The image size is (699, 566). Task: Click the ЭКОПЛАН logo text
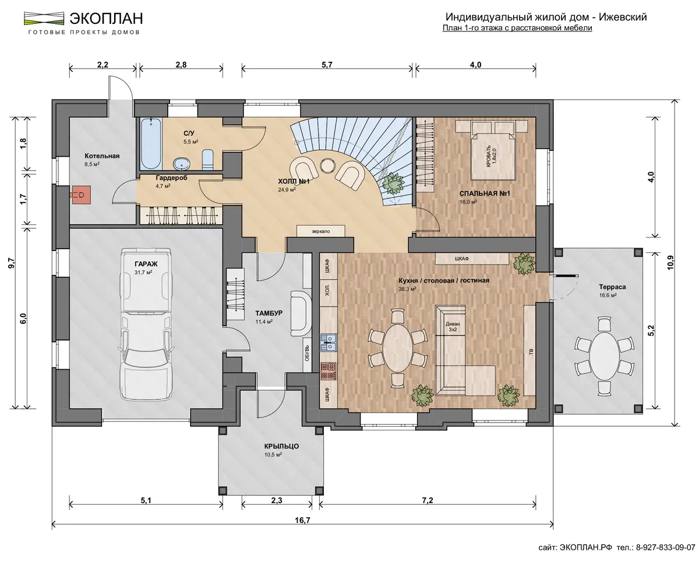point(106,19)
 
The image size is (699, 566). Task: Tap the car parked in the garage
point(146,324)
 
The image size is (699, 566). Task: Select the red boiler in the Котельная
point(81,195)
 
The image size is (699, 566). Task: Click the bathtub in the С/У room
point(151,144)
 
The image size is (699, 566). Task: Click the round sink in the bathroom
point(182,164)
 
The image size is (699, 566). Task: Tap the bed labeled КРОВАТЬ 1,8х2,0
point(492,157)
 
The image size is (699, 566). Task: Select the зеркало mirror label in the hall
point(320,231)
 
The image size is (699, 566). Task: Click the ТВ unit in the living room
point(529,350)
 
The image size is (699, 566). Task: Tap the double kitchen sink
point(329,342)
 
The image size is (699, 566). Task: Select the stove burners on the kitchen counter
point(329,371)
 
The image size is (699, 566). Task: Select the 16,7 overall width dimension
point(302,520)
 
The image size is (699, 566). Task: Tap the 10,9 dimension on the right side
point(670,262)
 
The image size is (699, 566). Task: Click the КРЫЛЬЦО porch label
point(281,446)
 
